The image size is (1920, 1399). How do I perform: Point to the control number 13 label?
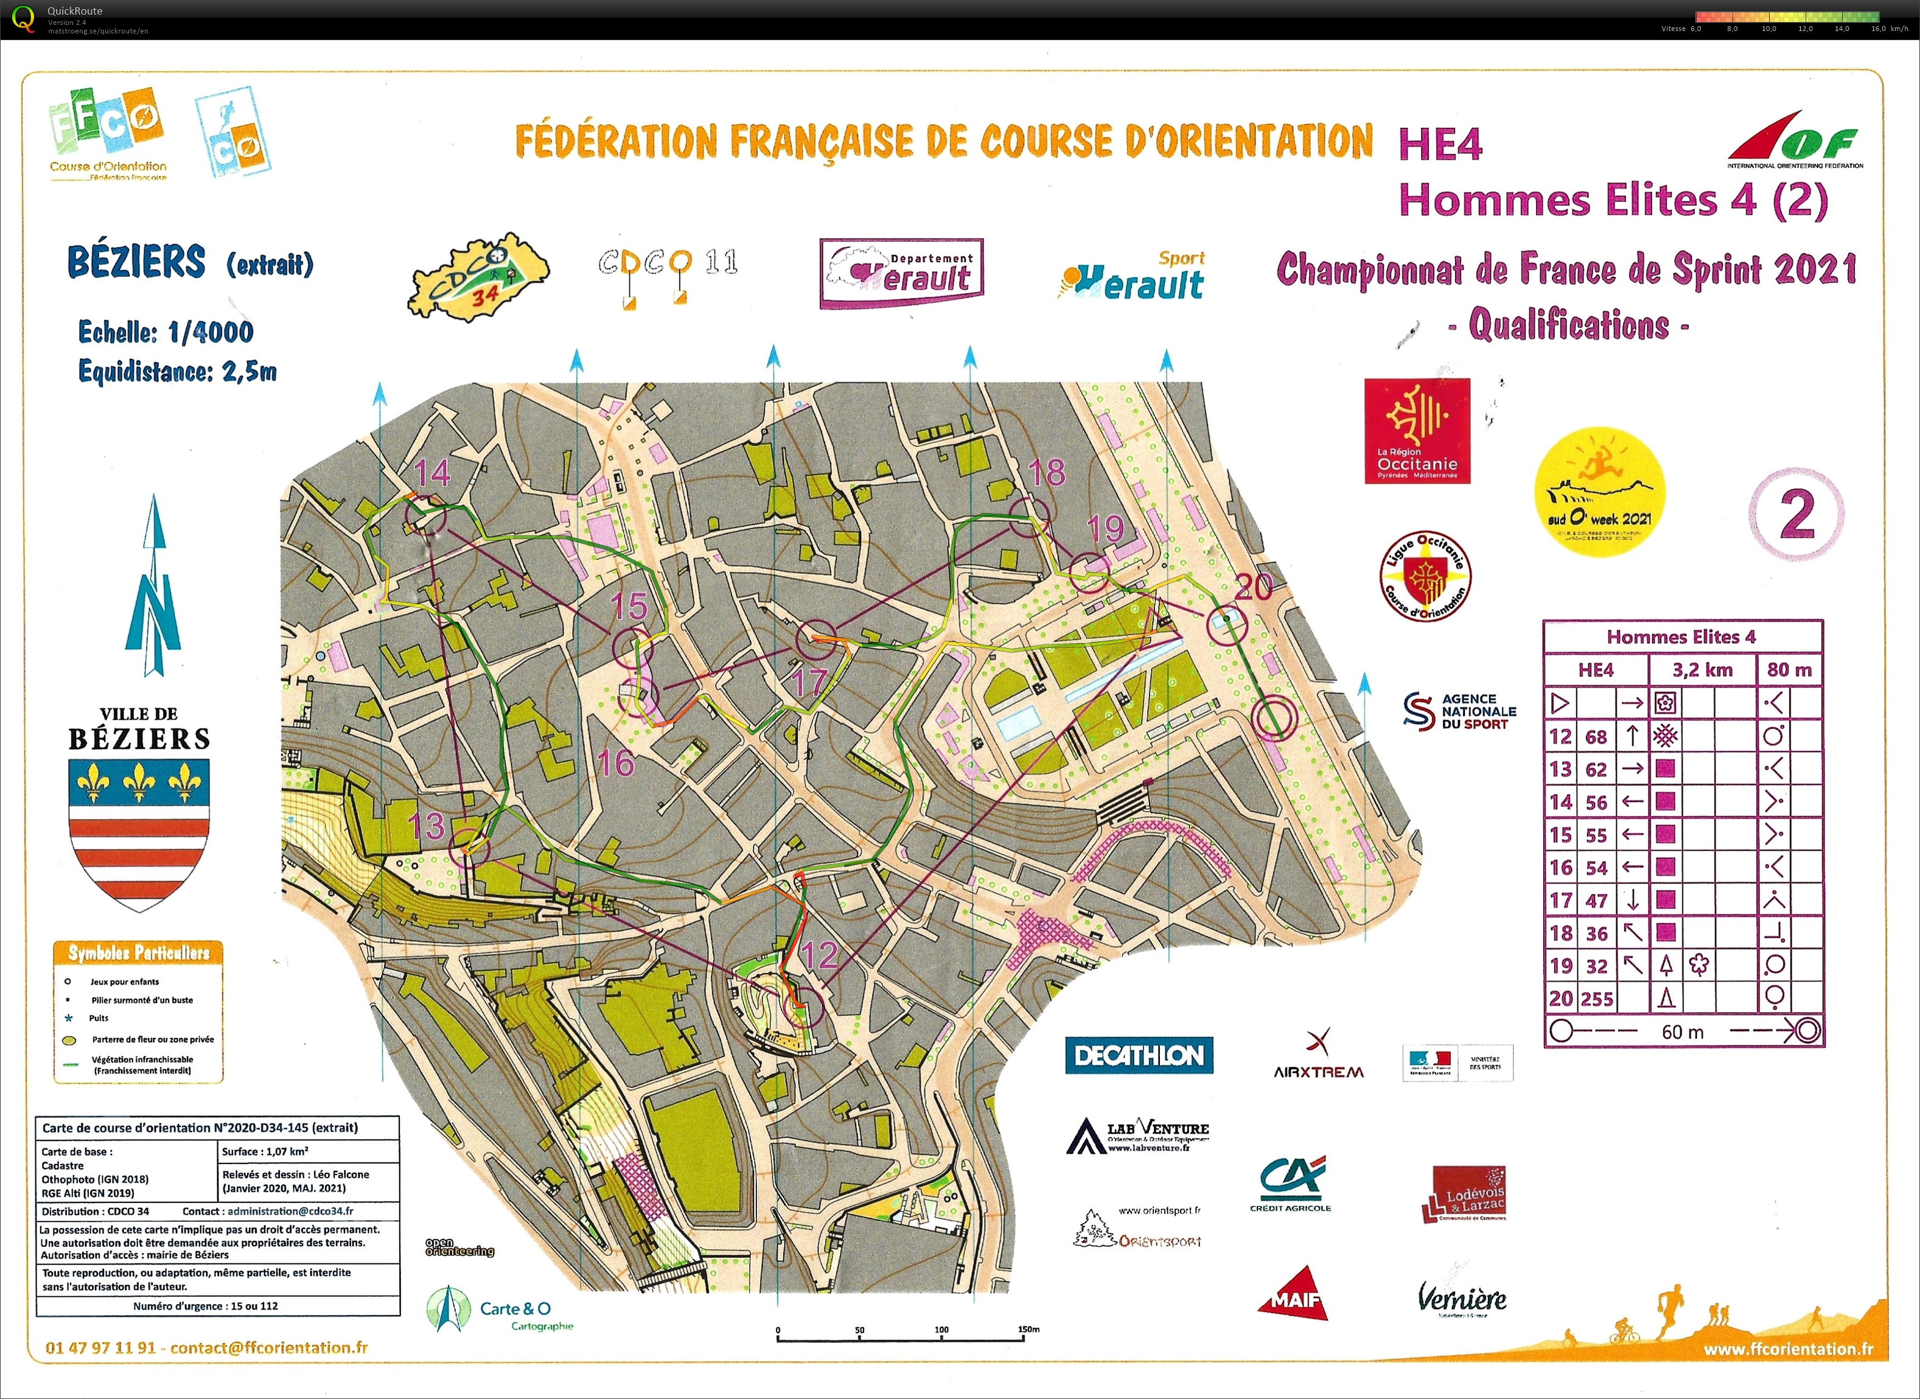click(425, 825)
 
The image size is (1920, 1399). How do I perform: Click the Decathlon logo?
click(1138, 1055)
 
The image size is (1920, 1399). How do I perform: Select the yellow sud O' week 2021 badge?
click(1599, 491)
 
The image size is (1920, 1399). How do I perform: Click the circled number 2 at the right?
click(1795, 514)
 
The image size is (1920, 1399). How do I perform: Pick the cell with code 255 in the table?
click(1596, 999)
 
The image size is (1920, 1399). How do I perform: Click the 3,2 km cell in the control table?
click(1702, 670)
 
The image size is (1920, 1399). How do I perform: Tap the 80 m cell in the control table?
click(1789, 670)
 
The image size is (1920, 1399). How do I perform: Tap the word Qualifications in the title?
click(1568, 325)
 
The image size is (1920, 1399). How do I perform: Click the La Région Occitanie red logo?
click(1416, 431)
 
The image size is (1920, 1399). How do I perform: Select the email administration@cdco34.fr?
click(290, 1211)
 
